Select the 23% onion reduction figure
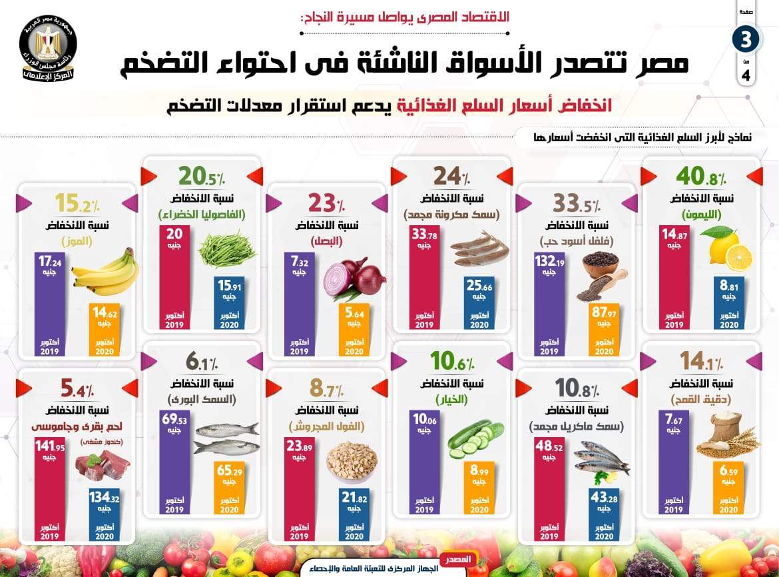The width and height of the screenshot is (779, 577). [326, 202]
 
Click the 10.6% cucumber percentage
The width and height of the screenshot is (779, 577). [451, 362]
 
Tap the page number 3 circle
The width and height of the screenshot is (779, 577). [746, 39]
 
